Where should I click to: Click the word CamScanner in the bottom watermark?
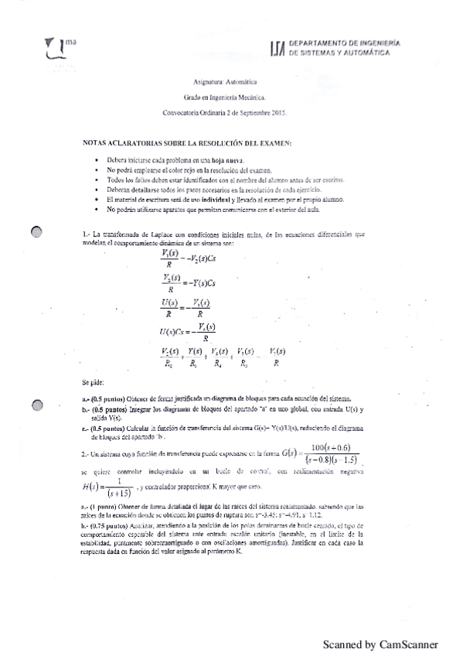[x=409, y=644]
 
